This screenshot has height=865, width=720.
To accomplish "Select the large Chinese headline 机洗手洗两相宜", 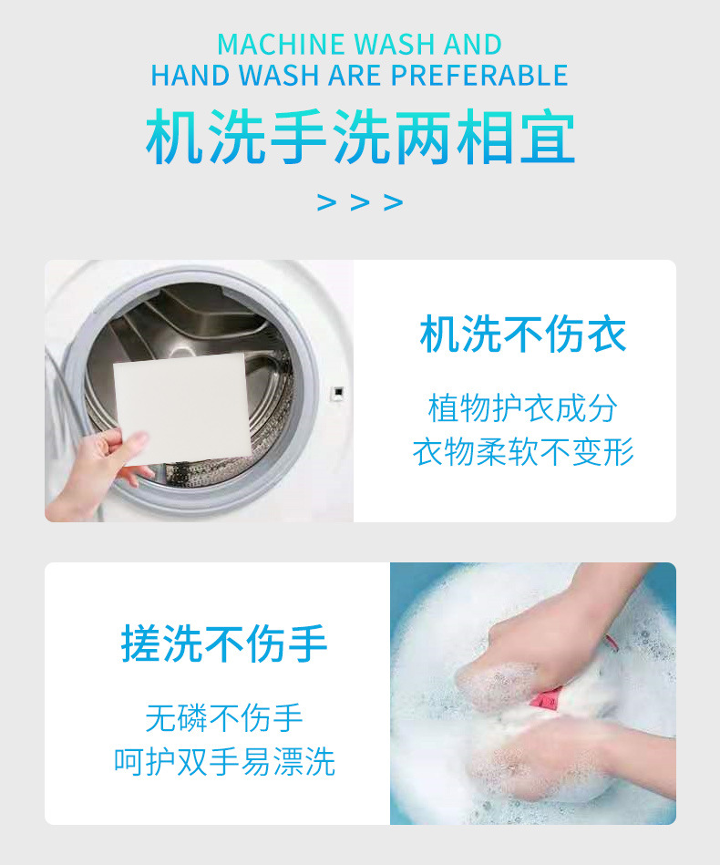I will click(360, 139).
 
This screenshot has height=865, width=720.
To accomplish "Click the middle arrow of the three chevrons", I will click(360, 201).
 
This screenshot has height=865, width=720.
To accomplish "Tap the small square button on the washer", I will click(336, 393).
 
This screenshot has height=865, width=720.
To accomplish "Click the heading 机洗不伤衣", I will click(523, 335).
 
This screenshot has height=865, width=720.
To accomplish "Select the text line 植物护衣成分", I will click(523, 407).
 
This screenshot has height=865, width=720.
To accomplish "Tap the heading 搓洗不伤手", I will click(224, 644).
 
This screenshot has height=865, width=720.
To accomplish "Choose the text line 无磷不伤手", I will click(224, 717).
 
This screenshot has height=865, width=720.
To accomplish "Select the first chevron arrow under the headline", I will click(326, 201).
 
